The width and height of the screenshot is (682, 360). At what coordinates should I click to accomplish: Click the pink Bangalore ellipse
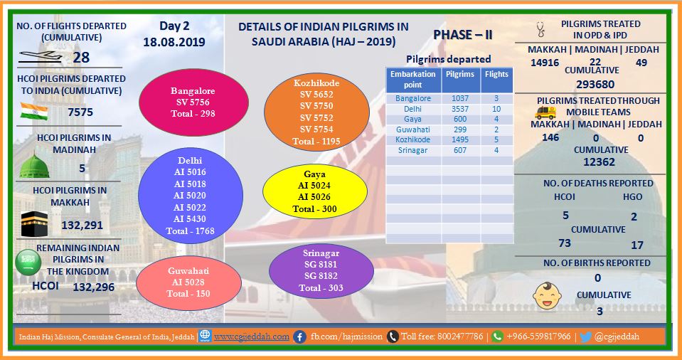point(193,102)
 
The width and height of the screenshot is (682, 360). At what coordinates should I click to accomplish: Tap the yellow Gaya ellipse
point(315,191)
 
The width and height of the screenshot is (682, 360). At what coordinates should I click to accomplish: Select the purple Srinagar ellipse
point(321,270)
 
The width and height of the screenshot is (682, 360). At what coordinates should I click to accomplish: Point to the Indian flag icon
point(34,112)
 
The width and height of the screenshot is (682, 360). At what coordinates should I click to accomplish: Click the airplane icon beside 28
point(41,57)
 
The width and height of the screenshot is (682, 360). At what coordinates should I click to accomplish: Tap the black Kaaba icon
point(34,223)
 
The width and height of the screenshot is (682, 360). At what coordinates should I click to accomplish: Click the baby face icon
point(547,295)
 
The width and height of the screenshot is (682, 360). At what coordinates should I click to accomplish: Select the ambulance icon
point(545,112)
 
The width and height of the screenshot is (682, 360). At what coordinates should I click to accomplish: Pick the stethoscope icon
point(540,30)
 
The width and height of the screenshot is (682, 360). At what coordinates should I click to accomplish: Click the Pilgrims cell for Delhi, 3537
point(459,109)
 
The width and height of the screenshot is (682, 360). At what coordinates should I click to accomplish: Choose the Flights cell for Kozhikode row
point(496,139)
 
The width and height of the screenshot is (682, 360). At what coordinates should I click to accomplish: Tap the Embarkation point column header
point(412,79)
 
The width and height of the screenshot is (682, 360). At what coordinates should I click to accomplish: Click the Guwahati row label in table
point(412,129)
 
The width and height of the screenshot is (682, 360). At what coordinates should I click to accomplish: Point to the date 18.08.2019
point(174,43)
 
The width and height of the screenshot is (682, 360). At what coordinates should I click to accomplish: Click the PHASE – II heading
point(462,35)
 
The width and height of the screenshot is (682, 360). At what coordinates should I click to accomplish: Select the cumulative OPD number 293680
point(595,84)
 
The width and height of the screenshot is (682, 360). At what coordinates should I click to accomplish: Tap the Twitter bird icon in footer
point(585,337)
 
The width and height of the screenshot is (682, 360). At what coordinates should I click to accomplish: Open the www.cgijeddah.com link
point(252,337)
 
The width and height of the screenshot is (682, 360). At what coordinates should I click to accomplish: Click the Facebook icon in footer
point(299,337)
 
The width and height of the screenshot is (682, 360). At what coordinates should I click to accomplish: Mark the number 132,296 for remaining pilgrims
point(93,287)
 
